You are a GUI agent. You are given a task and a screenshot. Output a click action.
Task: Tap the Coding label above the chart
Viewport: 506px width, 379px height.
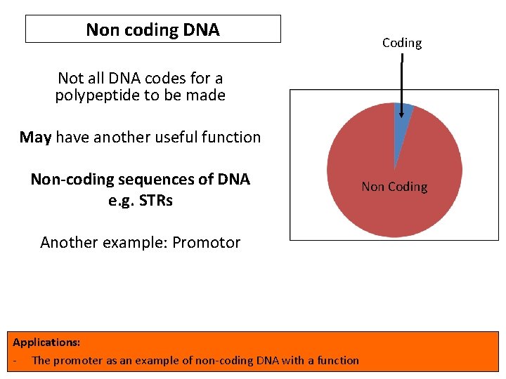(x=402, y=43)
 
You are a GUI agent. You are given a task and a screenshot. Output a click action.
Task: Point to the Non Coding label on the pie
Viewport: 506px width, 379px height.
(x=394, y=187)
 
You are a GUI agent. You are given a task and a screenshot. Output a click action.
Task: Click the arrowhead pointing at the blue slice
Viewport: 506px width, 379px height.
(x=401, y=112)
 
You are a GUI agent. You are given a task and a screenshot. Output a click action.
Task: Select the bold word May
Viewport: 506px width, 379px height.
(x=35, y=137)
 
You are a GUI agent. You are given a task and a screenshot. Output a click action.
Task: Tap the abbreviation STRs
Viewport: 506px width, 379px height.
(x=156, y=200)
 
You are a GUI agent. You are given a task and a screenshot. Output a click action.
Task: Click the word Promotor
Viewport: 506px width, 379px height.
(x=207, y=243)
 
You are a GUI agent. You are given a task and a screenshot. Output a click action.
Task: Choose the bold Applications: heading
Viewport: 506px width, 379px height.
(x=46, y=343)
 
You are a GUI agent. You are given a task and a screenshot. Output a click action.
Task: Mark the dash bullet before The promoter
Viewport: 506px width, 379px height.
(x=15, y=361)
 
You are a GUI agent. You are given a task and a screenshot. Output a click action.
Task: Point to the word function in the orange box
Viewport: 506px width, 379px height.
(x=338, y=361)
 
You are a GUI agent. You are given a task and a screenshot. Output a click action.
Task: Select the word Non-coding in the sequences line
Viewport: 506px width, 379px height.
(x=66, y=179)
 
